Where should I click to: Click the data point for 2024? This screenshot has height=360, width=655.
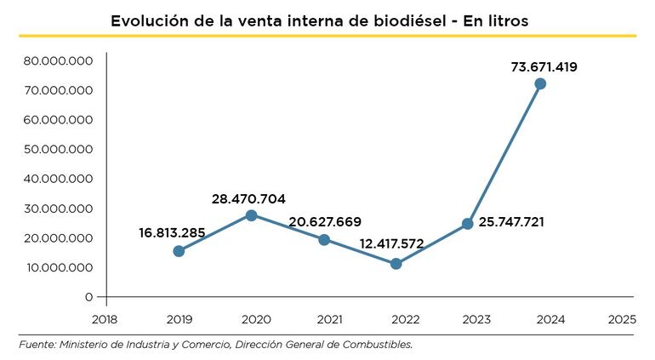540,83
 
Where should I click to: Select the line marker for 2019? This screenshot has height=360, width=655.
179,251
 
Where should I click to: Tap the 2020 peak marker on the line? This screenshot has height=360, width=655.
252,215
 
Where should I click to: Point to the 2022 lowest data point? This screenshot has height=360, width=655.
396,264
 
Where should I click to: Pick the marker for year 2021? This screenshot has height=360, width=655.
324,240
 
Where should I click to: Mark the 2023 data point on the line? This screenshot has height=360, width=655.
468,224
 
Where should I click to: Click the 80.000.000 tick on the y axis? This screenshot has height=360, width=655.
58,60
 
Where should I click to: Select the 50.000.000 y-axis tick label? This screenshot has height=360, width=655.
58,149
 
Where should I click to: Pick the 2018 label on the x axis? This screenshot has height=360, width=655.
105,319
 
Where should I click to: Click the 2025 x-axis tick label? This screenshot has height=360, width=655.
623,319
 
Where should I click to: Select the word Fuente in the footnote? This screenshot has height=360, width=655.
36,345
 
